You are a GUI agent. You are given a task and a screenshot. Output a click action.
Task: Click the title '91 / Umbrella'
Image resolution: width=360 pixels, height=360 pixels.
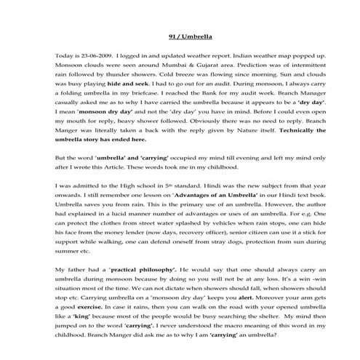[x=180, y=36]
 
